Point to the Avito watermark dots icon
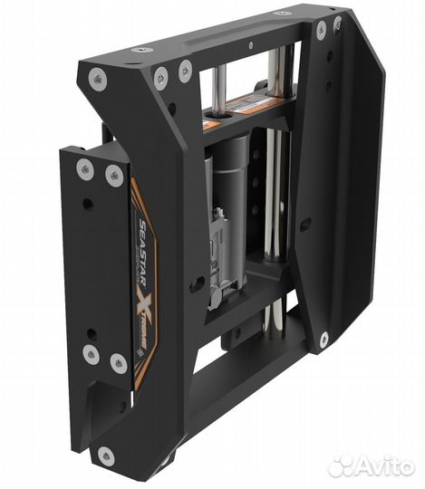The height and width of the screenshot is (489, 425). click(x=342, y=465)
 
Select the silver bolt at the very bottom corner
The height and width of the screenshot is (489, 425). click(x=107, y=455)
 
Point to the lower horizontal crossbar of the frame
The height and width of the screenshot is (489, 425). click(x=245, y=299)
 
